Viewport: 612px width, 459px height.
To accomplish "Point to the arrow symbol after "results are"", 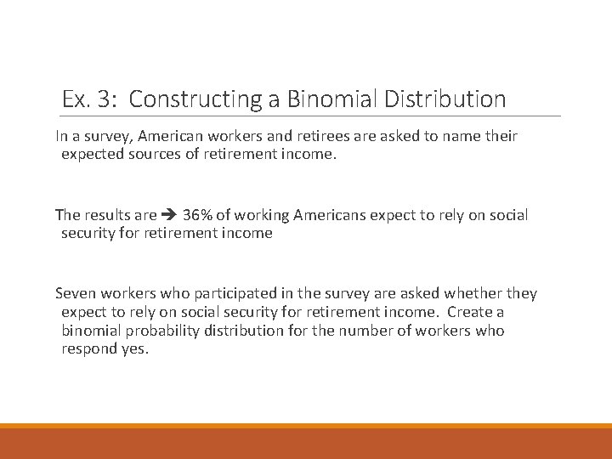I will [x=169, y=215].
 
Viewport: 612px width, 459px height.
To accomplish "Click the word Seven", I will [x=76, y=293].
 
